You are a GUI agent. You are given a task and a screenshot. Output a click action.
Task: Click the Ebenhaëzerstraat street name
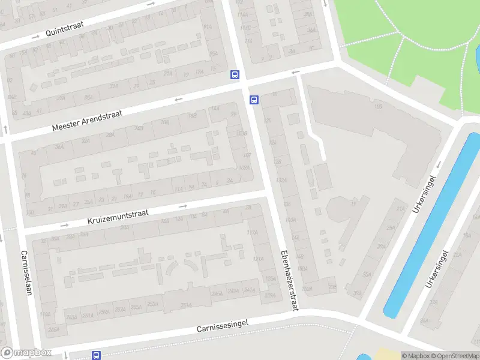click(x=289, y=279)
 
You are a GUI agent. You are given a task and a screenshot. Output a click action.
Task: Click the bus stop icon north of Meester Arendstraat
click(x=235, y=75)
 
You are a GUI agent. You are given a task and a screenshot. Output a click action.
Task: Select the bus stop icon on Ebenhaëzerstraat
click(x=254, y=100)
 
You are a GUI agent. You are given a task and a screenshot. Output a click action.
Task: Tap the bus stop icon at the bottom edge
click(x=96, y=355)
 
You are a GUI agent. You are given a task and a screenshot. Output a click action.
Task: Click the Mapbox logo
click(x=26, y=353)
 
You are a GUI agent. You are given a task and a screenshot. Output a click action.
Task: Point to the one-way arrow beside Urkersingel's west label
click(x=439, y=164)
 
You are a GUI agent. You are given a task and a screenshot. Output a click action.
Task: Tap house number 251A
click(x=153, y=304)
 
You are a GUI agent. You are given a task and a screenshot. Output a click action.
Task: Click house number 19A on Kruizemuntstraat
click(x=128, y=196)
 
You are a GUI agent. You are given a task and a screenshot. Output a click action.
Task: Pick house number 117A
click(x=252, y=233)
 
